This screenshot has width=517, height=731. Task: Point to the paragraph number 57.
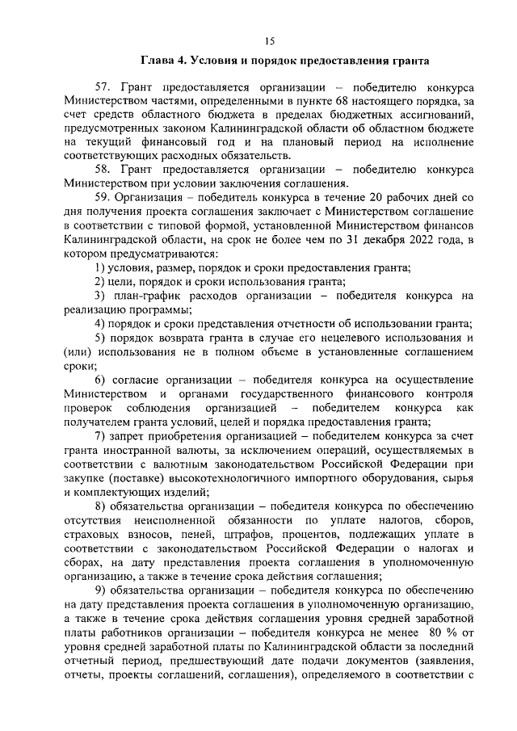103,87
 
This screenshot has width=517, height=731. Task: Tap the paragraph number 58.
103,170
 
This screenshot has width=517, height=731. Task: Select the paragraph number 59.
103,197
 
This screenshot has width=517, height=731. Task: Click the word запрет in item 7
131,435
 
